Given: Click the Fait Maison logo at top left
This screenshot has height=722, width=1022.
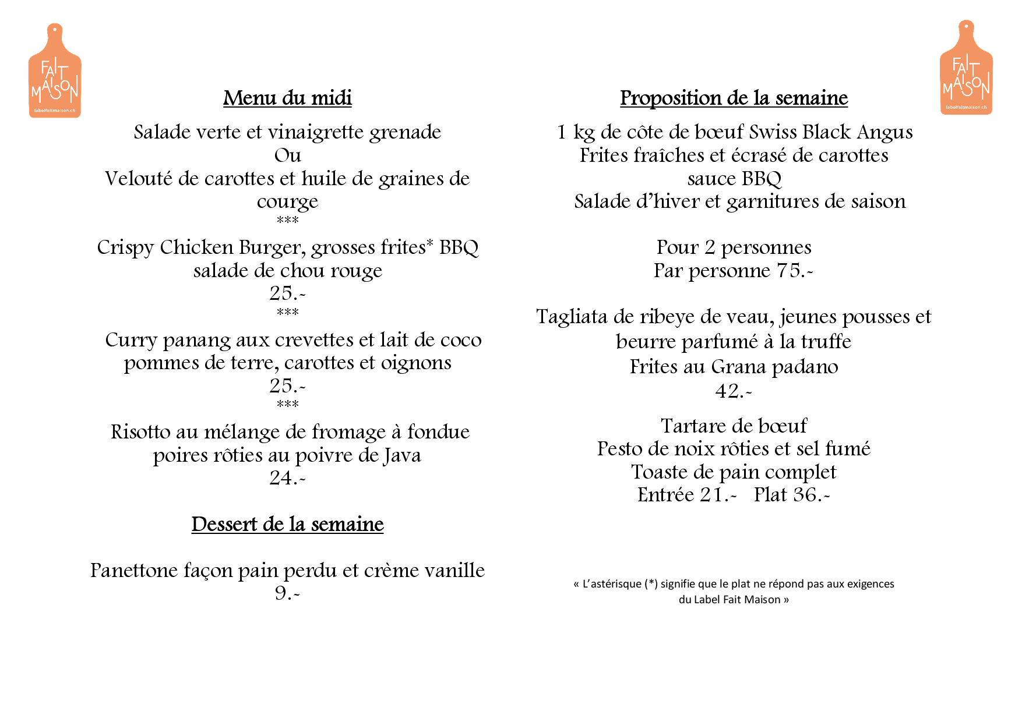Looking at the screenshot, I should pyautogui.click(x=55, y=71).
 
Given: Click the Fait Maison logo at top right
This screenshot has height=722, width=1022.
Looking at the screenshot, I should pyautogui.click(x=966, y=68).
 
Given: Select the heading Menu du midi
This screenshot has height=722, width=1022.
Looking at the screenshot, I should pyautogui.click(x=287, y=98).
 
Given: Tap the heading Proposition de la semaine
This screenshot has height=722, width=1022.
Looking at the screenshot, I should pyautogui.click(x=734, y=98).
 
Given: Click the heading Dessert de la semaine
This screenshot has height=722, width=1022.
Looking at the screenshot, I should pyautogui.click(x=287, y=524).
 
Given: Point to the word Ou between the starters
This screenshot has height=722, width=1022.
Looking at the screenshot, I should pyautogui.click(x=287, y=155).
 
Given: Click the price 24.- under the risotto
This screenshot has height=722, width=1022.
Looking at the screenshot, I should pyautogui.click(x=287, y=478).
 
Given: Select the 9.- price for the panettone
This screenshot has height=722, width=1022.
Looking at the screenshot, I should pyautogui.click(x=287, y=593).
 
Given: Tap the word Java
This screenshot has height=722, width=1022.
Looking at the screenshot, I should pyautogui.click(x=402, y=455).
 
